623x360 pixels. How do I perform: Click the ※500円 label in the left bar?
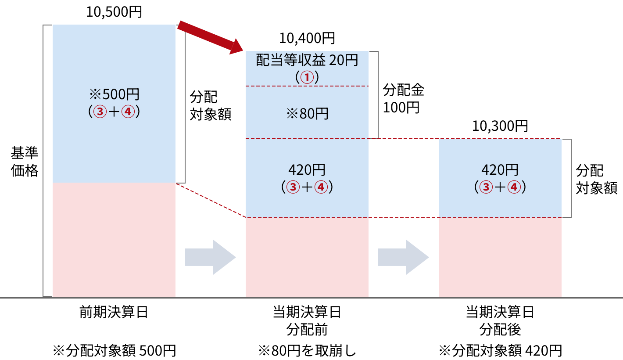pyautogui.click(x=114, y=94)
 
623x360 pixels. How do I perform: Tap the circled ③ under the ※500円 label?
pyautogui.click(x=100, y=112)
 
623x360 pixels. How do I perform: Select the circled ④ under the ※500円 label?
pyautogui.click(x=128, y=112)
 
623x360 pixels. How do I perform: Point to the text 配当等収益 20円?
pyautogui.click(x=307, y=60)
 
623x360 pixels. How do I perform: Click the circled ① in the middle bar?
pyautogui.click(x=307, y=78)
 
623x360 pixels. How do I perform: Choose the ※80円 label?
pyautogui.click(x=307, y=114)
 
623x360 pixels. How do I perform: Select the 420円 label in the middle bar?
pyautogui.click(x=307, y=170)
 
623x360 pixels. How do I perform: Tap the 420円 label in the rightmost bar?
pyautogui.click(x=500, y=170)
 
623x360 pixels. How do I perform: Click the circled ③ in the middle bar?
pyautogui.click(x=293, y=187)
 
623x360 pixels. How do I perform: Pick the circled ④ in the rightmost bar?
pyautogui.click(x=514, y=187)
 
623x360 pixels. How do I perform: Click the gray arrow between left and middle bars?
pyautogui.click(x=211, y=257)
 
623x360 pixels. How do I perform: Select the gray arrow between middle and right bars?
pyautogui.click(x=404, y=257)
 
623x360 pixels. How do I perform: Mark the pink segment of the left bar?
pyautogui.click(x=114, y=240)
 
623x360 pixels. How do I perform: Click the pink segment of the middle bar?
pyautogui.click(x=307, y=257)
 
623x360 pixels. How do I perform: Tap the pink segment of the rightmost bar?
pyautogui.click(x=500, y=257)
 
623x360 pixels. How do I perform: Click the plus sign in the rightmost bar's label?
pyautogui.click(x=500, y=187)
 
